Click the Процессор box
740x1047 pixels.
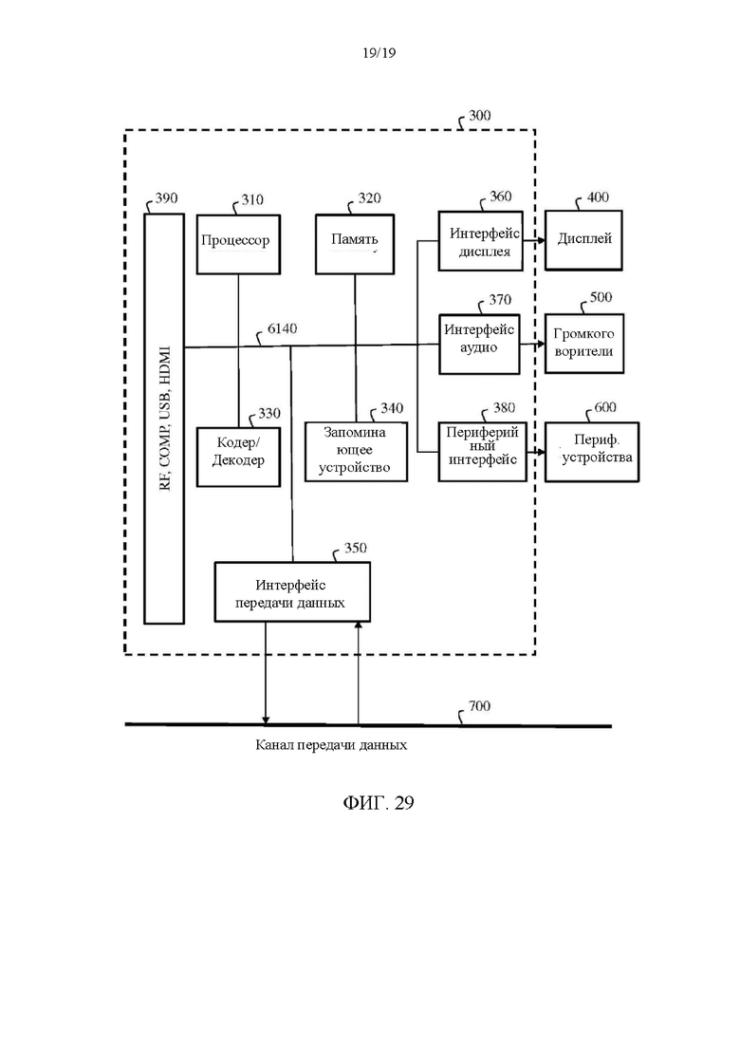pos(238,244)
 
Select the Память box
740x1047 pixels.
pos(355,244)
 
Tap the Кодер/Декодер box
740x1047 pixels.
pos(238,457)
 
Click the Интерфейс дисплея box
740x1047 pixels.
pos(480,241)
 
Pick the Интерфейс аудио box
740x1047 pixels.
pos(479,344)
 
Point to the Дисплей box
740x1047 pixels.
pos(583,240)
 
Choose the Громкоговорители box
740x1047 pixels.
pos(583,344)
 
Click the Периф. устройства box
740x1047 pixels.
pos(592,452)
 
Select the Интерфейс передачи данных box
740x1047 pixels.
pos(292,592)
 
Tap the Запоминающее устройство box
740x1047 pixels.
pos(357,451)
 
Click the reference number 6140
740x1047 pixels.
pos(283,328)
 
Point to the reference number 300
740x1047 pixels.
pos(479,116)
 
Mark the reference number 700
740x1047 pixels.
pos(479,706)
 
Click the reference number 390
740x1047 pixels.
pos(166,197)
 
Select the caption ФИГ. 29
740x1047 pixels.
pos(379,803)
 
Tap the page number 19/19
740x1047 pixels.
pos(379,53)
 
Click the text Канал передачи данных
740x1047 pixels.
pos(331,744)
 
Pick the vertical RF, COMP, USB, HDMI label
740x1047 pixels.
pos(165,418)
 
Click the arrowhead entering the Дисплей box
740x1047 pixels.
pos(541,240)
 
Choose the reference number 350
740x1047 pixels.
pos(355,548)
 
